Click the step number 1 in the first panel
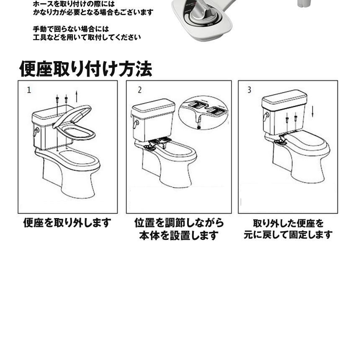[29, 90]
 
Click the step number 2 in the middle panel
[139, 90]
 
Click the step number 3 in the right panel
[249, 90]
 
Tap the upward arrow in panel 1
[77, 96]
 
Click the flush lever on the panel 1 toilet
[36, 132]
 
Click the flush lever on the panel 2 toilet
[136, 124]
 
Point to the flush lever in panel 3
[266, 116]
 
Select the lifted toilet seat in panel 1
[74, 123]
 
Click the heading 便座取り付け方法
[86, 69]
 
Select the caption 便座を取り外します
[67, 223]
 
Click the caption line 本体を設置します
[179, 235]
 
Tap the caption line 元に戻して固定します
[288, 235]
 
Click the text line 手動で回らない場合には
[71, 29]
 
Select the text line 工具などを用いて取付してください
[87, 37]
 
